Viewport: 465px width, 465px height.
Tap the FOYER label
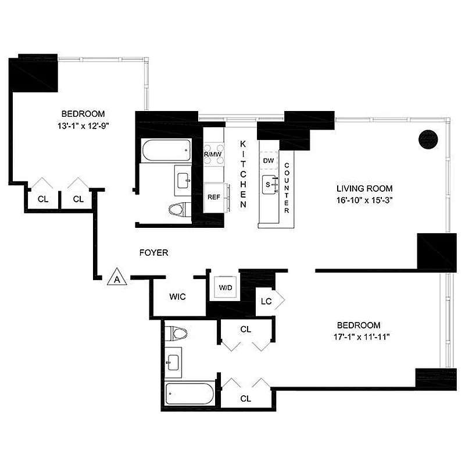tap(154, 253)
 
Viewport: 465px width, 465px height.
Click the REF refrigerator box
tap(213, 196)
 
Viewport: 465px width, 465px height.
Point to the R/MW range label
tap(213, 154)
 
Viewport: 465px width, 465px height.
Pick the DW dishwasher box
tap(268, 160)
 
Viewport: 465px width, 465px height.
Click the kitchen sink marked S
tap(269, 183)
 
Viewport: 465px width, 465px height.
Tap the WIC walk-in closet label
tap(177, 296)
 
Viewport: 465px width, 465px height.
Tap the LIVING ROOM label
tap(364, 188)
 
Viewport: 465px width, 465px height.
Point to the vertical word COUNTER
tap(287, 187)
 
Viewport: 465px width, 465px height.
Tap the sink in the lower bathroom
tap(174, 362)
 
